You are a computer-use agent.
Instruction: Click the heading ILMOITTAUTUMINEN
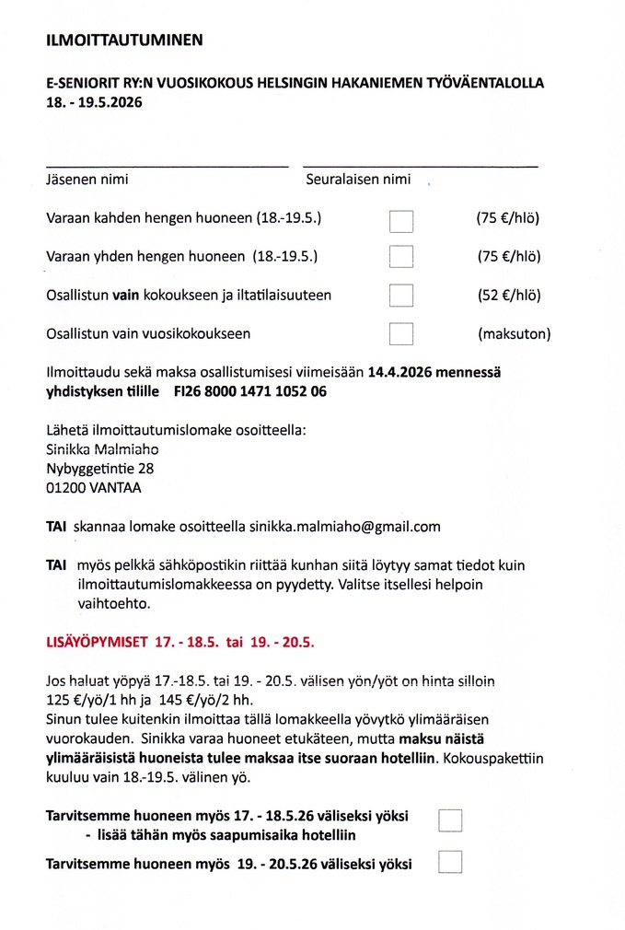124,41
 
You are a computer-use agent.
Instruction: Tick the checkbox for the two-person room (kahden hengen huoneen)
401,221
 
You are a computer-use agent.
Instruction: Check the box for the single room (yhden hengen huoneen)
401,257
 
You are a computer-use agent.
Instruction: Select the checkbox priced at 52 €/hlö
401,296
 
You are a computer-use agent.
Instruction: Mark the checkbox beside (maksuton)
401,333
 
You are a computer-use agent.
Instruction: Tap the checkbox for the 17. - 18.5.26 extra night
450,820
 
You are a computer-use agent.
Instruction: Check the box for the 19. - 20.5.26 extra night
450,862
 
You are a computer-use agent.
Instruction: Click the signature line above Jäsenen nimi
167,166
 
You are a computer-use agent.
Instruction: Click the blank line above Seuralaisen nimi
421,166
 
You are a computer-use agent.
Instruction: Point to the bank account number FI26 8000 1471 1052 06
249,391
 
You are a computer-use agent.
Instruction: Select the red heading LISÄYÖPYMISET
98,640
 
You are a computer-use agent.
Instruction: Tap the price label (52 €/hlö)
508,296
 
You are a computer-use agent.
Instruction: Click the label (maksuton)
514,333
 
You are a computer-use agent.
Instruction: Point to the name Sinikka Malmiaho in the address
102,449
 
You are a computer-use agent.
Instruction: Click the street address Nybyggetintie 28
100,469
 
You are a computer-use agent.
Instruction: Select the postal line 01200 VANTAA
94,488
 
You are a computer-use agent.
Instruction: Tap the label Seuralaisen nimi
358,180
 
